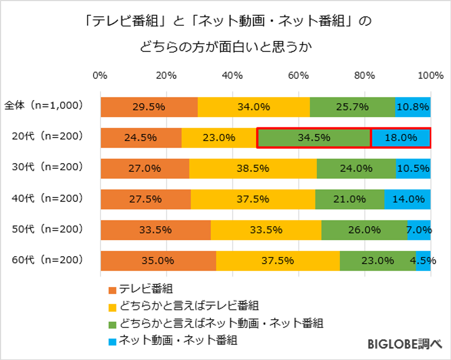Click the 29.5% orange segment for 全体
[x=149, y=107]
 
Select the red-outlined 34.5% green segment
[x=314, y=138]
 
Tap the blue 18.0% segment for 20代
[x=401, y=138]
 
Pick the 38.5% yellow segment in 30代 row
[x=252, y=168]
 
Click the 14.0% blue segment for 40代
[x=408, y=199]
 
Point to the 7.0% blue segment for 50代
[x=419, y=230]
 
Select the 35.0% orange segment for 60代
[x=158, y=261]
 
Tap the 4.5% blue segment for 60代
[x=423, y=261]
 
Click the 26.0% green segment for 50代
[x=364, y=230]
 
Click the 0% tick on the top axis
[x=100, y=75]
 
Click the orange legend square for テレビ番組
[x=112, y=290]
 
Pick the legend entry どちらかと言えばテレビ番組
[x=188, y=306]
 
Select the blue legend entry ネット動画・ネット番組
[x=177, y=340]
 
